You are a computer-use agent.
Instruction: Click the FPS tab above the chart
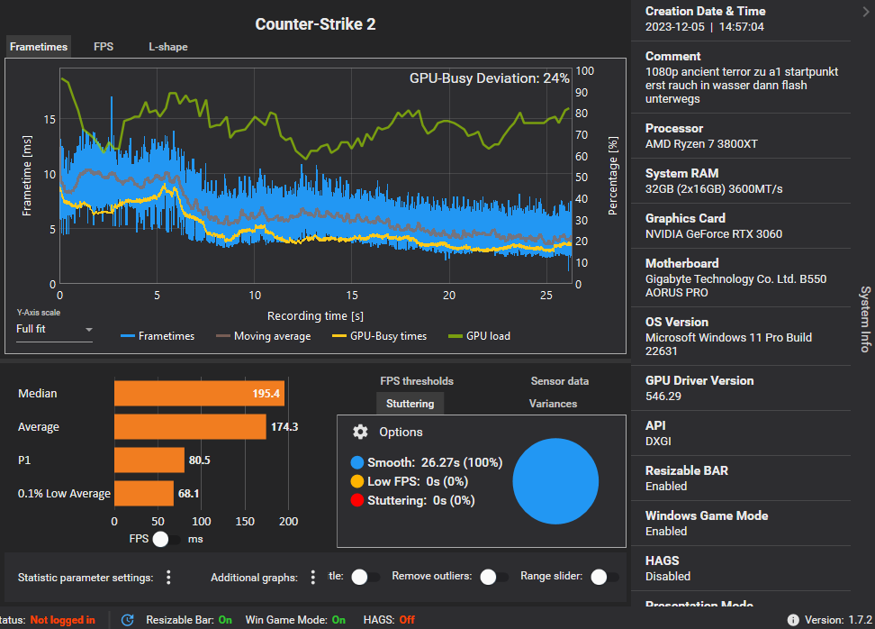104,47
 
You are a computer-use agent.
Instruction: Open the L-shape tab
168,47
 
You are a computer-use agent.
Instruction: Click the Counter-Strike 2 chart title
315,24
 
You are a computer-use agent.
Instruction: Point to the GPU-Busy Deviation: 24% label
489,78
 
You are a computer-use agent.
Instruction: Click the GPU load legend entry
487,336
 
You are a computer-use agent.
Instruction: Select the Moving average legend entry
264,336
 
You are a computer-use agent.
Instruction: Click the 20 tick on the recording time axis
449,296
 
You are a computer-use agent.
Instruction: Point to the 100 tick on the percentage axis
584,70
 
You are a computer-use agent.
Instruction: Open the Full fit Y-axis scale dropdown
55,330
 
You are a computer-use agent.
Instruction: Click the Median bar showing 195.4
199,394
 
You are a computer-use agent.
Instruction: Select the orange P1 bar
149,460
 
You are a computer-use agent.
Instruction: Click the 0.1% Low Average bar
143,493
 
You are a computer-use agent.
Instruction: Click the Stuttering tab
410,404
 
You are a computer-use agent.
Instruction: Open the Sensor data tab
559,381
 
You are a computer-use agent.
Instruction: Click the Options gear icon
360,433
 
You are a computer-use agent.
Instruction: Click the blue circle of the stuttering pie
555,481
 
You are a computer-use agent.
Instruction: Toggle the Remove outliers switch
491,577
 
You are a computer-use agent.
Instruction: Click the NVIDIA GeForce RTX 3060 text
714,234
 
